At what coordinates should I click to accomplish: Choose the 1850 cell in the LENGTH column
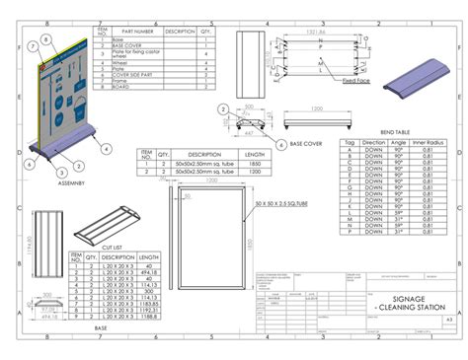(x=254, y=163)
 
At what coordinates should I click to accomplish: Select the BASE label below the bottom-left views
(x=101, y=328)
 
